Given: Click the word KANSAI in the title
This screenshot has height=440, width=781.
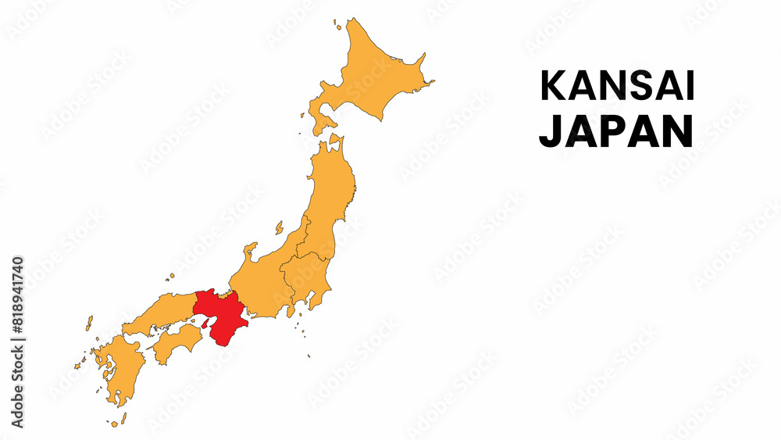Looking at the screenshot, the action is click(x=617, y=86).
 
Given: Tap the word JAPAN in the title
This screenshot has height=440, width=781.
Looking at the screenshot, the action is click(x=616, y=131).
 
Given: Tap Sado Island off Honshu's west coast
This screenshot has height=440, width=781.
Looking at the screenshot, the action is click(x=279, y=227).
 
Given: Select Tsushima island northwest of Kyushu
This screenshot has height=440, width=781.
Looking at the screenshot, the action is click(x=89, y=322).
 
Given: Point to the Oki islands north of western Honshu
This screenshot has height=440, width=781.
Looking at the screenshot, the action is click(x=169, y=275).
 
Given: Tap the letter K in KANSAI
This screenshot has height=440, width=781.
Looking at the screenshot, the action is click(x=552, y=86).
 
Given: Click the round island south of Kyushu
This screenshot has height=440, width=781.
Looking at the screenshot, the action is click(x=115, y=424).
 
